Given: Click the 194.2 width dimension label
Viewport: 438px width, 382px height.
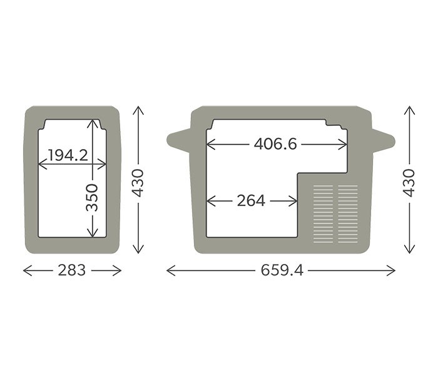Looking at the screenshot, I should [68, 155].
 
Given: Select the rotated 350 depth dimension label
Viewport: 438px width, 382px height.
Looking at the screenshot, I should [92, 198].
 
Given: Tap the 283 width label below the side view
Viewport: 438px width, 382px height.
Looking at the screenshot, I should [72, 271].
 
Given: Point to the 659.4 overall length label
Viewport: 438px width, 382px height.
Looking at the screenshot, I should [281, 271].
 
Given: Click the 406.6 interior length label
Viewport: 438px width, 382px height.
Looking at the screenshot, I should [275, 145].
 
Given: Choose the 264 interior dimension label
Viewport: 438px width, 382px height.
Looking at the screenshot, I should [251, 201].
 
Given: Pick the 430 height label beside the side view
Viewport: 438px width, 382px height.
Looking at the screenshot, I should [138, 182].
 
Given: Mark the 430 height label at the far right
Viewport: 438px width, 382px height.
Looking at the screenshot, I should [409, 182].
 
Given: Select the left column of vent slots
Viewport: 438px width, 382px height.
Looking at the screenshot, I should [323, 214].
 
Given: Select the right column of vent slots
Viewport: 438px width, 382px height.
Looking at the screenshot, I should [348, 214].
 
